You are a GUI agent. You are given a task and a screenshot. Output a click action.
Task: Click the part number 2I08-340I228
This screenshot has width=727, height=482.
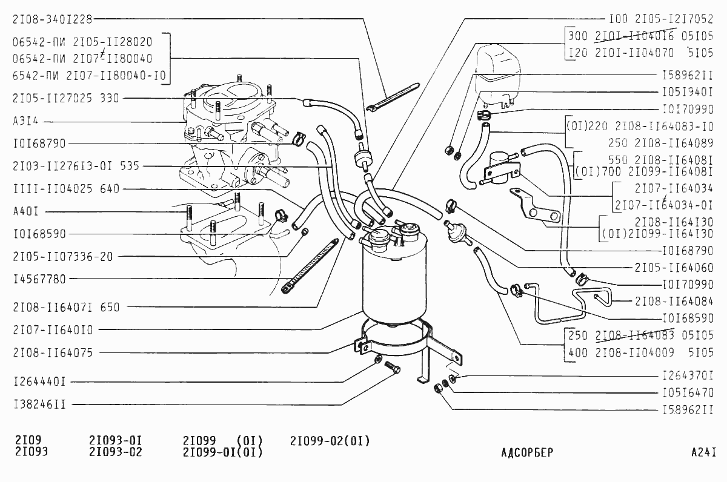pos(52,19)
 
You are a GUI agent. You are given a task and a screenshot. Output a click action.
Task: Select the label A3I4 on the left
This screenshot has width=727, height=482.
pos(25,120)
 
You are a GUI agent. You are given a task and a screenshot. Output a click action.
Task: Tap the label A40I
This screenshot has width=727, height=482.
pos(25,212)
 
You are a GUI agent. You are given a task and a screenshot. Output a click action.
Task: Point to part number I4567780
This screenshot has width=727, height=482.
pos(39,279)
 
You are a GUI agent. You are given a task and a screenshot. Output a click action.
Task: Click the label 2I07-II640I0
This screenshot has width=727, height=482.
pos(53,330)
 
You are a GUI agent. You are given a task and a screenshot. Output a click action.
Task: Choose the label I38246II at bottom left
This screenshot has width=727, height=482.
pos(39,404)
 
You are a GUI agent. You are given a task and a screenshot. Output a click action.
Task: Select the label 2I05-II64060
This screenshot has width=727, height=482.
pos(674,267)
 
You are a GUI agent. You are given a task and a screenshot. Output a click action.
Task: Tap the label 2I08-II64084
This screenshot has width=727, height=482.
pos(674,300)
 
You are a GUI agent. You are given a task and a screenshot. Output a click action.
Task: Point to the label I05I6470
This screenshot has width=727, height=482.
pos(687,392)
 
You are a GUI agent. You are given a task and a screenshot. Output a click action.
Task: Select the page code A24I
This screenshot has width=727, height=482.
pos(703,452)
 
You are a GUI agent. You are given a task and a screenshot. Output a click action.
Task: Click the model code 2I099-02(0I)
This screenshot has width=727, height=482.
pos(330,441)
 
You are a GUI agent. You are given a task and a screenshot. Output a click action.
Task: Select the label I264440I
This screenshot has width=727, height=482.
pos(39,381)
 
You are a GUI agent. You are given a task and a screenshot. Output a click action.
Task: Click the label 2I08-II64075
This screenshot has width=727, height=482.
pos(53,352)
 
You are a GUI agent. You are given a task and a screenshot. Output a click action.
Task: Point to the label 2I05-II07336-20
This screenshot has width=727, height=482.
pos(62,256)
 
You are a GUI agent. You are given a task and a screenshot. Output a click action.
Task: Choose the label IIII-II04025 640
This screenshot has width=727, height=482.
pos(65,189)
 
